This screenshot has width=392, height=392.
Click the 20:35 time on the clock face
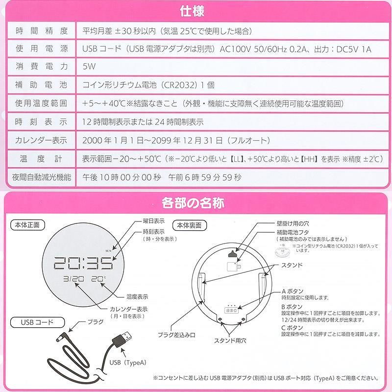tap(83, 264)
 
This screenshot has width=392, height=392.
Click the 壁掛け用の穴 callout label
tap(293, 222)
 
